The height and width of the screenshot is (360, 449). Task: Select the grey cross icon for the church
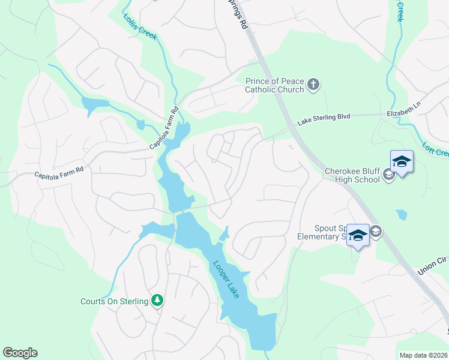tap(313, 85)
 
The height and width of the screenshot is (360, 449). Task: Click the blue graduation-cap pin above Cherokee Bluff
tap(402, 162)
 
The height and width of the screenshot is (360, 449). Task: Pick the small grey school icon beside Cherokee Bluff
tap(388, 175)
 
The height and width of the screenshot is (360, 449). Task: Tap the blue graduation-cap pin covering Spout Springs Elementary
tap(358, 235)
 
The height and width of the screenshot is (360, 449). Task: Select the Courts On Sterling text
tap(114, 301)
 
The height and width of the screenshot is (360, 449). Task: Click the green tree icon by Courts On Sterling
tap(157, 300)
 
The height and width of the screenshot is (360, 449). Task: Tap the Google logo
tap(20, 353)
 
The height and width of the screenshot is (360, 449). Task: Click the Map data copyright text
tap(422, 355)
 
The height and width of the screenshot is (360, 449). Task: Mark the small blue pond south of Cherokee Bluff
tap(401, 214)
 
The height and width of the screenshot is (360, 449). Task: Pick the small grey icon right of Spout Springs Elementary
tap(376, 232)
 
